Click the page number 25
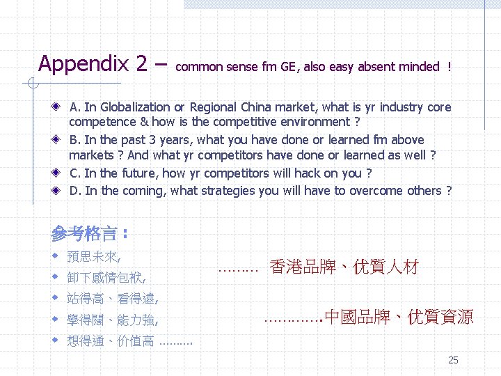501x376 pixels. [453, 360]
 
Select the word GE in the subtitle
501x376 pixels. [287, 68]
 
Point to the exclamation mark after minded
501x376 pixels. [450, 68]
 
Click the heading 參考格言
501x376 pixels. [85, 233]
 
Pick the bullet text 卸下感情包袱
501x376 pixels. [106, 278]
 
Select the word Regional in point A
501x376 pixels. [213, 107]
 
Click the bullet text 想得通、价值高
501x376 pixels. [110, 341]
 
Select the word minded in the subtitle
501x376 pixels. [419, 68]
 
